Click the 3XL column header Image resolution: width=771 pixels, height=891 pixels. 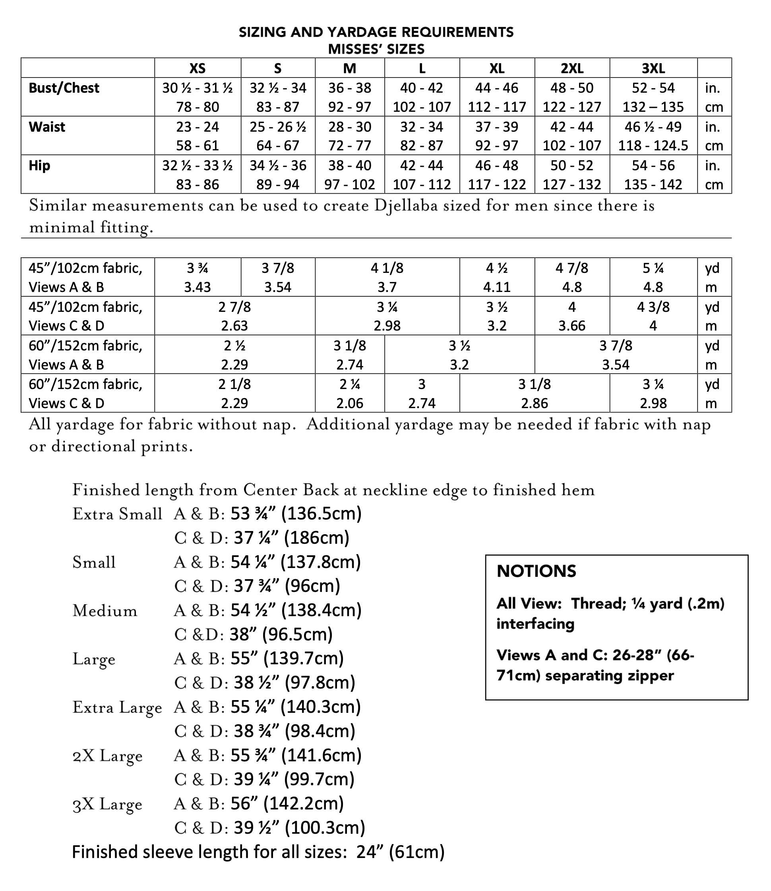[x=653, y=68]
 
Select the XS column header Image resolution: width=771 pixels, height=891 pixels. [x=198, y=68]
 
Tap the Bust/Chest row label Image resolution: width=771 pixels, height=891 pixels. [x=64, y=88]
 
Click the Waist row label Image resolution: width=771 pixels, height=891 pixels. [x=47, y=127]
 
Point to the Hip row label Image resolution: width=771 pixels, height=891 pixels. [x=39, y=166]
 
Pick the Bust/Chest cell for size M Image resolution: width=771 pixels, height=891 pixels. [x=349, y=97]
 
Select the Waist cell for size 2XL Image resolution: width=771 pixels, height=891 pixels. [x=572, y=136]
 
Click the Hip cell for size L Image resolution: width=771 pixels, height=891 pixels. [x=422, y=175]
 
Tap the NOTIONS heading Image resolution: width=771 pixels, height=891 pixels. [x=536, y=572]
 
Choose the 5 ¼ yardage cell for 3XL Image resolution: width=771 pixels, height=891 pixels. [x=653, y=277]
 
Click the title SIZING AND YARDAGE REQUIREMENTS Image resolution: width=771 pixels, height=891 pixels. [x=376, y=32]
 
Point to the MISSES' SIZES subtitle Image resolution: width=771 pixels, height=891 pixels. [x=376, y=50]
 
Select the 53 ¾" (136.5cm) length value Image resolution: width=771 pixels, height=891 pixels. [x=296, y=514]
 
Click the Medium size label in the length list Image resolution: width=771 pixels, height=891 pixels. [x=105, y=611]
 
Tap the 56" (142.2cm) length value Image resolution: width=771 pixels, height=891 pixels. [x=287, y=803]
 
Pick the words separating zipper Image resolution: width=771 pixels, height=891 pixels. [x=609, y=676]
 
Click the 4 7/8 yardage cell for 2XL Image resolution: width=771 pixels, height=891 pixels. [x=572, y=277]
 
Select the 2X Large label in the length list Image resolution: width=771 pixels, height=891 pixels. [x=107, y=756]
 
